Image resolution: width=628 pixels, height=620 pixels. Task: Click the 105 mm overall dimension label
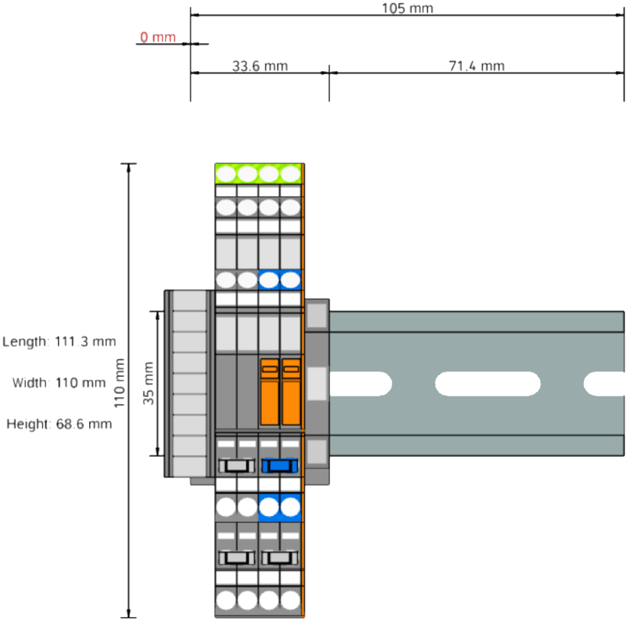pos(407,9)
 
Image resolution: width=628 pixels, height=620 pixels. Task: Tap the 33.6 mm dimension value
pos(260,67)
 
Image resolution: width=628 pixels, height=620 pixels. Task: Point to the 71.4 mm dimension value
pos(477,67)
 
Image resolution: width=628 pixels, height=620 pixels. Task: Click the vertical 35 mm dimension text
pos(149,383)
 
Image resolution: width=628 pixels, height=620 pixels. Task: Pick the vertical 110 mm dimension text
pos(119,383)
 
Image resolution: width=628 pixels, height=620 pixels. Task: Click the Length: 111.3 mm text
pos(60,342)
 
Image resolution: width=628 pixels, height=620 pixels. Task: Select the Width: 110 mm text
pos(59,383)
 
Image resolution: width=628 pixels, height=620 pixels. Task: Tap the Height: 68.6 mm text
pos(60,424)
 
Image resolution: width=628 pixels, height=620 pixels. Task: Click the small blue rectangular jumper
pos(280,466)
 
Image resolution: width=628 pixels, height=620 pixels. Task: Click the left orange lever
pos(269,391)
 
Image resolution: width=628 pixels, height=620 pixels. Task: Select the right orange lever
pos(290,391)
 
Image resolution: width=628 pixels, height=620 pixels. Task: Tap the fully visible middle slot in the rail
pos(487,383)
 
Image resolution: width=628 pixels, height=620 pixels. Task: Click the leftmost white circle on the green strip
pos(226,174)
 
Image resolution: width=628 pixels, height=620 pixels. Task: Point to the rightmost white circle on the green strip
pos(290,174)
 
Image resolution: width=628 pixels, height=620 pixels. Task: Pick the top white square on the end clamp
pos(317,316)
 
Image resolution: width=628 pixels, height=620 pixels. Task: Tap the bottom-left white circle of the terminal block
pos(226,599)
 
